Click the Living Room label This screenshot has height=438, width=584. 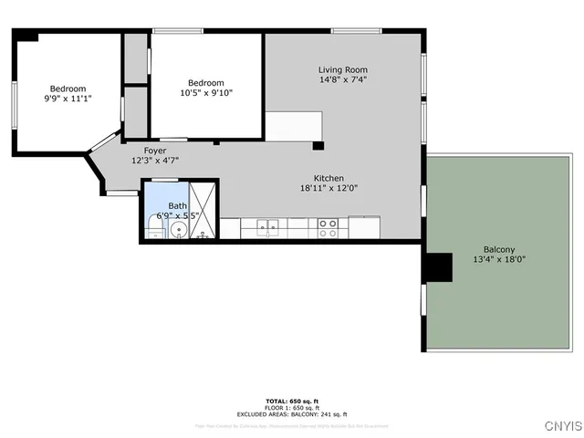point(342,69)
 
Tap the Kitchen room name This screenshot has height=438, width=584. point(328,178)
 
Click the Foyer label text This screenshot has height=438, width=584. point(155,150)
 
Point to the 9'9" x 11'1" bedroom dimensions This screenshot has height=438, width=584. point(68,99)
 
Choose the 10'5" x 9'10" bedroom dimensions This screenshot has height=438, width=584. point(210,91)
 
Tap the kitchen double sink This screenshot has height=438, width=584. point(267,226)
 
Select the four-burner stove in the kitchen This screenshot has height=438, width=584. point(328,227)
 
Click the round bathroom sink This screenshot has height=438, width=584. point(180,228)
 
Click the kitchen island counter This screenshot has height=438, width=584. point(294,126)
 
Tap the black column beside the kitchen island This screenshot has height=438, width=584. point(318,145)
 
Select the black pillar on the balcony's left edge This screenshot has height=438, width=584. point(439,266)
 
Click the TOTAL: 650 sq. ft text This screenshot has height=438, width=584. point(291,401)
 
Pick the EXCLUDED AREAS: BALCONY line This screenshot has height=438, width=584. point(291,414)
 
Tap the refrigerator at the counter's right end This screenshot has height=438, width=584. point(364,225)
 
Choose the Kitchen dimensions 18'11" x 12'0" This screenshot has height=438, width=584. point(328,189)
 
